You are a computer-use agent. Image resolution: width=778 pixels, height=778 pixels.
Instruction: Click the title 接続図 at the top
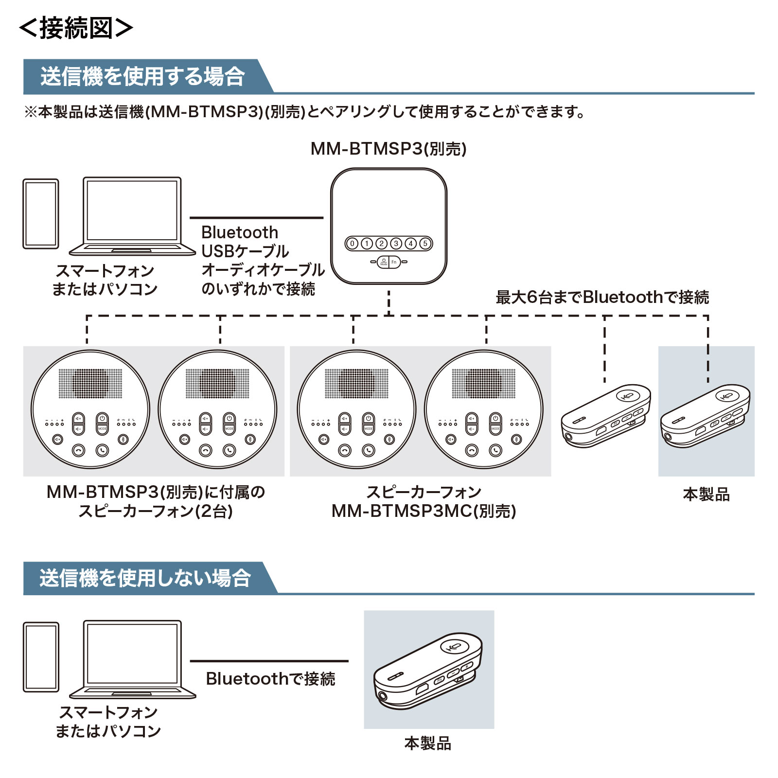coord(76,28)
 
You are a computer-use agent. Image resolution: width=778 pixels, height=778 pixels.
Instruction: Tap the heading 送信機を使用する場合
coord(142,77)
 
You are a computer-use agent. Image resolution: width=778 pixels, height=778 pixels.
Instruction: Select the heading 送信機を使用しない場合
coord(145,578)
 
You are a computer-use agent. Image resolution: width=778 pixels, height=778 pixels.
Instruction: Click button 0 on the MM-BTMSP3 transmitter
coord(353,244)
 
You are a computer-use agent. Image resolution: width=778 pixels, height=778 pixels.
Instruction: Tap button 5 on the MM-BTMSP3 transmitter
coord(425,244)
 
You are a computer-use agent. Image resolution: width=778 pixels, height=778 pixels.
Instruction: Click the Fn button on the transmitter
coord(394,262)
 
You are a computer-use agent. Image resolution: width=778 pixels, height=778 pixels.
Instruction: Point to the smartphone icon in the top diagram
coord(41,214)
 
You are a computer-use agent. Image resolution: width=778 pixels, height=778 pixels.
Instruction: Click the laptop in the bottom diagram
coord(132,659)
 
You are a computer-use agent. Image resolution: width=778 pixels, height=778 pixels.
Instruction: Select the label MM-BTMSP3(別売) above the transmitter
coord(389,149)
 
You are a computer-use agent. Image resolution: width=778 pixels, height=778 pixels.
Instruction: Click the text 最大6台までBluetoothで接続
coord(602,297)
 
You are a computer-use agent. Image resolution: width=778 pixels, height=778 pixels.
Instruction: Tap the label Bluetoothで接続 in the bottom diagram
coord(270,679)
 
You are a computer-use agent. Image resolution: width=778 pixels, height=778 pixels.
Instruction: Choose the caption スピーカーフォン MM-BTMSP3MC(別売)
coord(424,502)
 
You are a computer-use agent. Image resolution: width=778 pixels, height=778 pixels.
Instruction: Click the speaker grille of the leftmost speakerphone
coord(90,383)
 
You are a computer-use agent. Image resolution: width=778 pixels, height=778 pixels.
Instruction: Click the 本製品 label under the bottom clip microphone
coord(428,743)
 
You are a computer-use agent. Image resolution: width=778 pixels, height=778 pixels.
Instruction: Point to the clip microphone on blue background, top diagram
coord(705,416)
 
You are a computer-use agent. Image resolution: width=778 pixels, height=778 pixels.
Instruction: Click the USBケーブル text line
coord(245,251)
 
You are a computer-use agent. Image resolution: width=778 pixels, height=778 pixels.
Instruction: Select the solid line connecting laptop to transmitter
coord(256,218)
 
